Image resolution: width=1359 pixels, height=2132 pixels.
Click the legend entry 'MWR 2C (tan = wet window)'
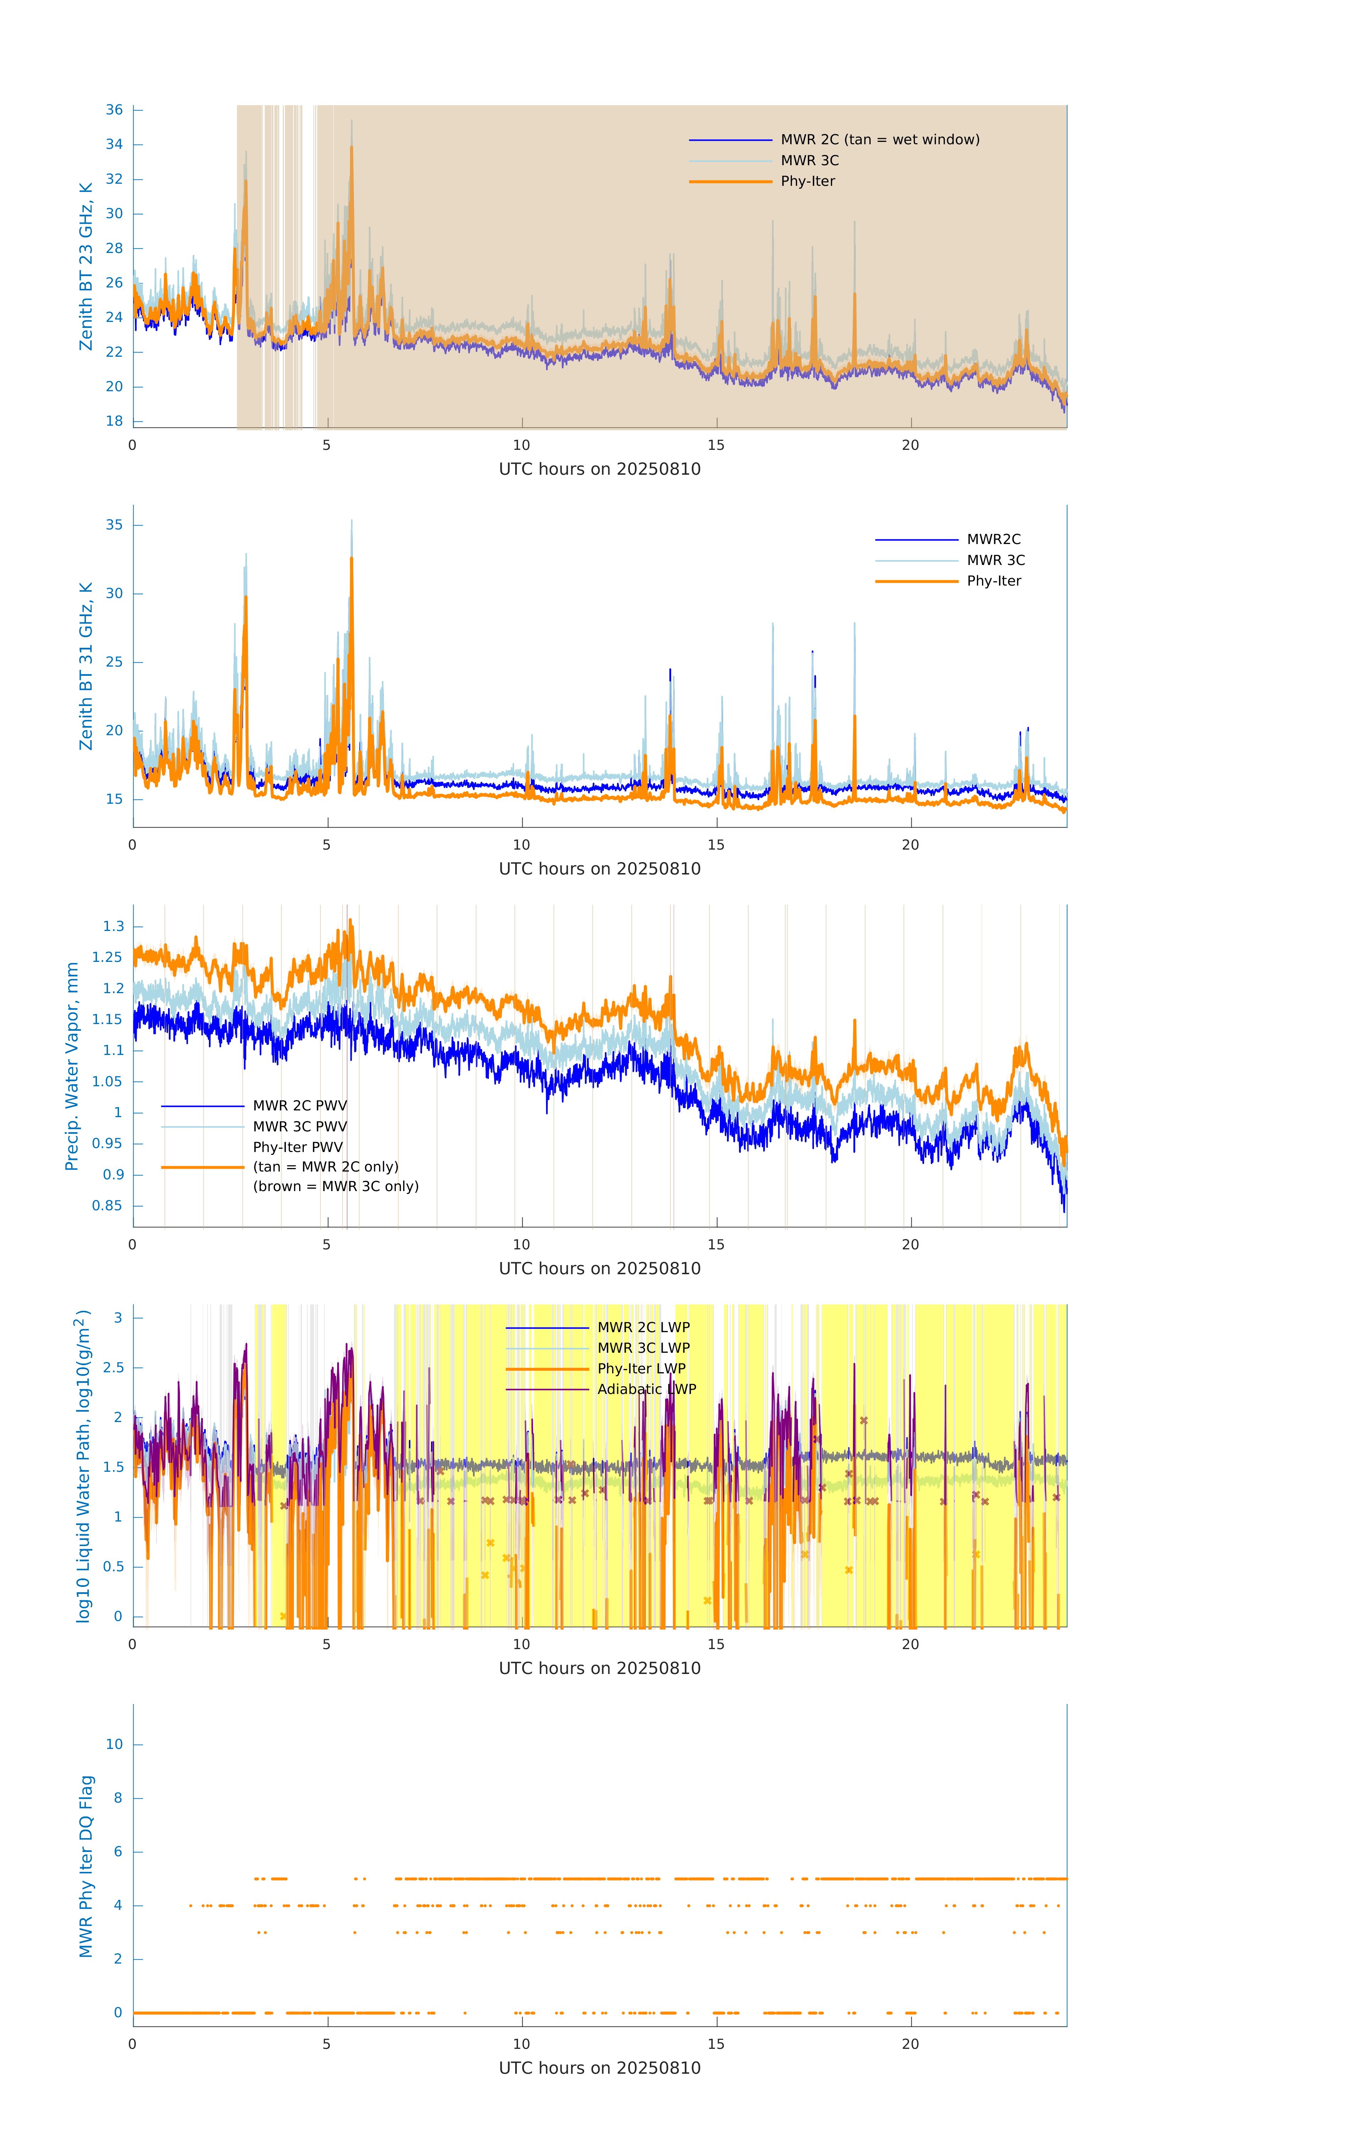(x=879, y=140)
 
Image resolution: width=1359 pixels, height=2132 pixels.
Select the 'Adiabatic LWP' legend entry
(x=646, y=1389)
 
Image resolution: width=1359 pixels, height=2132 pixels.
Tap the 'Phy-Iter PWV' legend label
(x=297, y=1147)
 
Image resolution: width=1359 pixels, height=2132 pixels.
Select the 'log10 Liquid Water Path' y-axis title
(x=82, y=1465)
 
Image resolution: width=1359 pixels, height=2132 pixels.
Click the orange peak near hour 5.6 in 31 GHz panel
(x=351, y=560)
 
